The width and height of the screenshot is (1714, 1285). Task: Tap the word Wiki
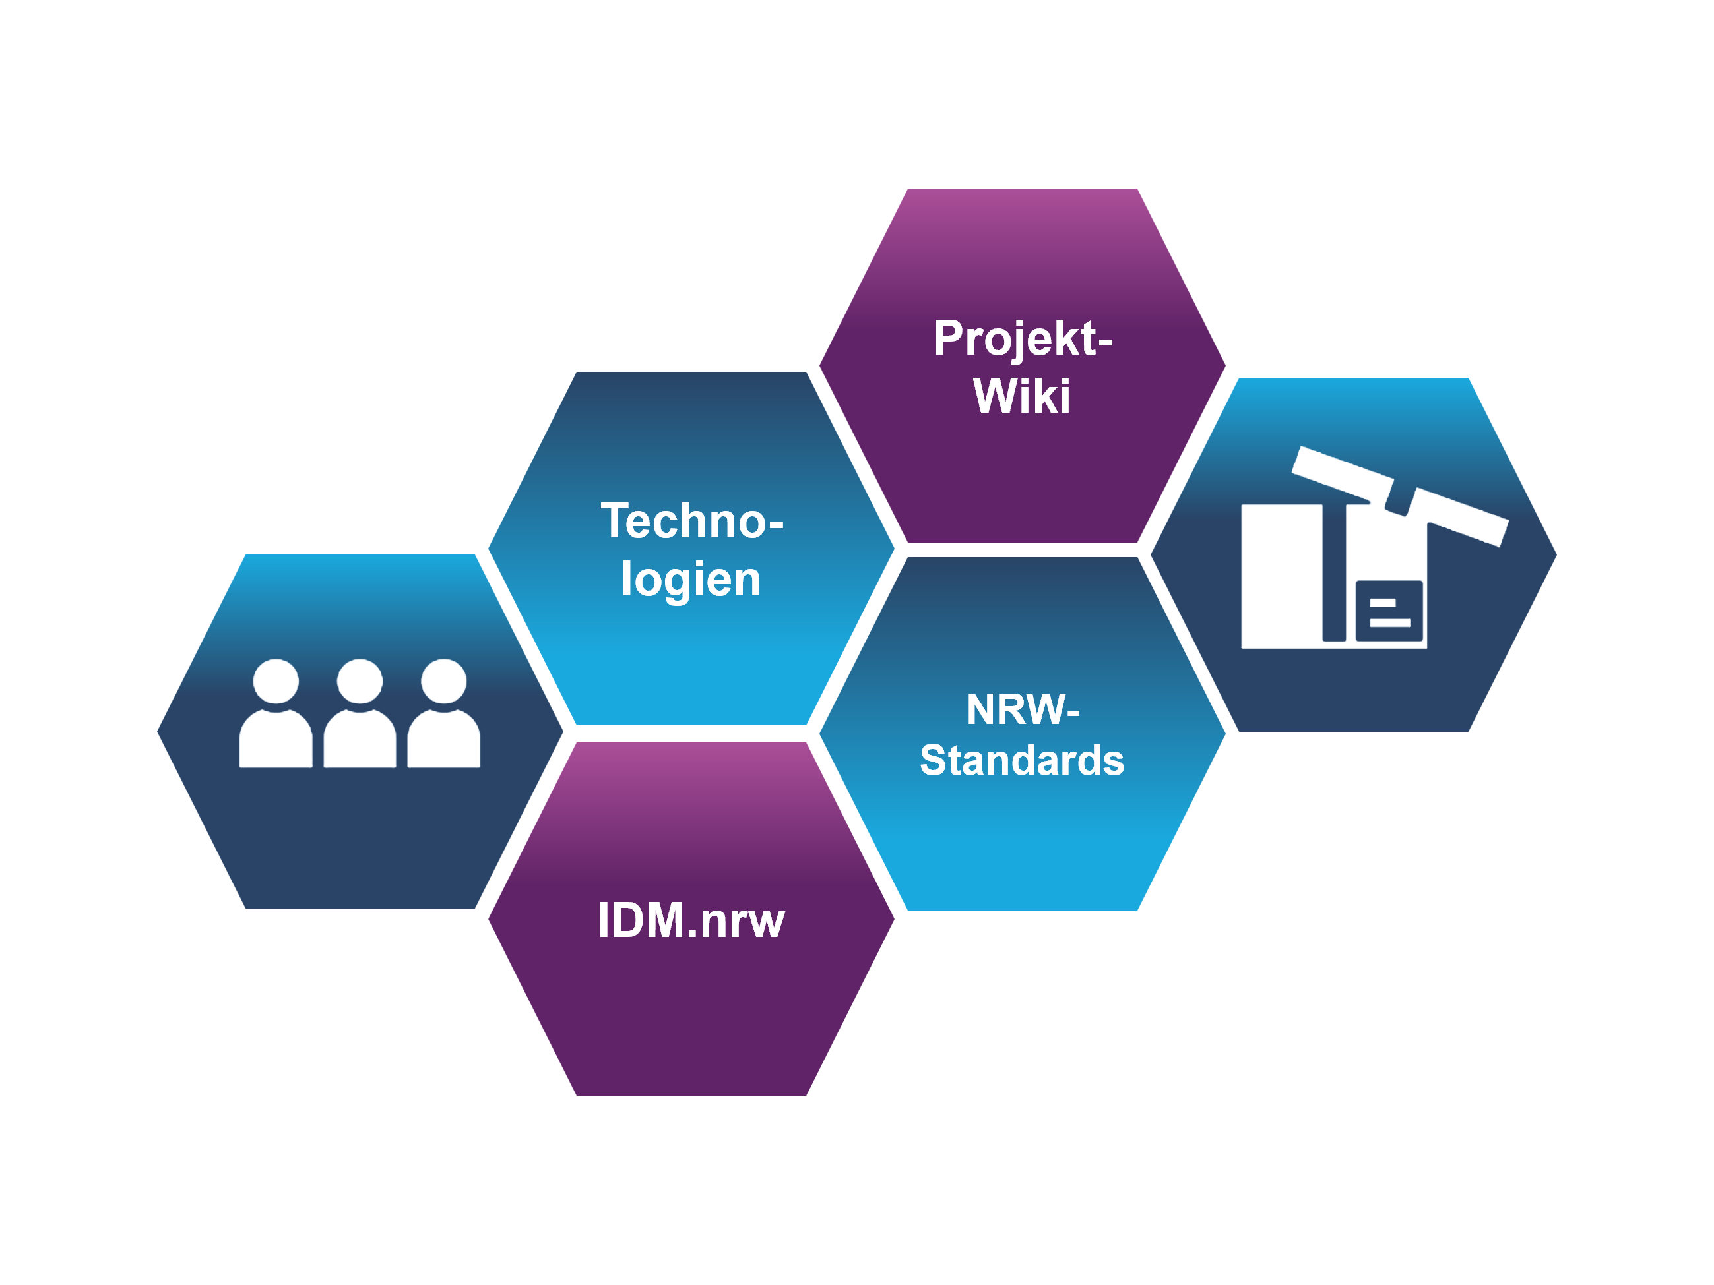pyautogui.click(x=1021, y=396)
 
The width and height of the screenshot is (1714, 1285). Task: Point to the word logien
pyautogui.click(x=691, y=580)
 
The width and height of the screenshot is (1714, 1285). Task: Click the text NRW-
pyautogui.click(x=1022, y=709)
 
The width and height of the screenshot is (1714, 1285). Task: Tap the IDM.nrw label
pyautogui.click(x=691, y=920)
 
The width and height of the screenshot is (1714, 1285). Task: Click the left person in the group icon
pyautogui.click(x=276, y=717)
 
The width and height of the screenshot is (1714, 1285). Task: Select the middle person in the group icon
pyautogui.click(x=360, y=717)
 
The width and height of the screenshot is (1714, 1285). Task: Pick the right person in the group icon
pyautogui.click(x=443, y=717)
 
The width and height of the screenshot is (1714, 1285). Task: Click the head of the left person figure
pyautogui.click(x=276, y=682)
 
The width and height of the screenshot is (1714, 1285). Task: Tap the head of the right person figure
pyautogui.click(x=443, y=682)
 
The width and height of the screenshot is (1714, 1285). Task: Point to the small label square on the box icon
pyautogui.click(x=1389, y=611)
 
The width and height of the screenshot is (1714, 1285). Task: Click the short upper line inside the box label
pyautogui.click(x=1382, y=602)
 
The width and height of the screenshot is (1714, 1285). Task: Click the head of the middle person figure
pyautogui.click(x=360, y=682)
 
